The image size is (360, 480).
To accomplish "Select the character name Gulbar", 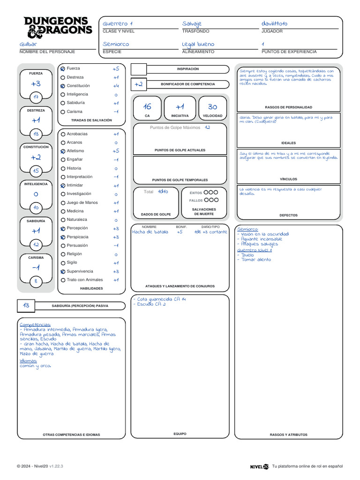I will click(x=28, y=44).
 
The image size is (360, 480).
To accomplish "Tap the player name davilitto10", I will click(x=275, y=24).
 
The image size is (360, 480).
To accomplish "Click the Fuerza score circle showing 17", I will click(x=36, y=97).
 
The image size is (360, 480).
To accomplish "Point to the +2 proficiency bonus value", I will click(x=138, y=84).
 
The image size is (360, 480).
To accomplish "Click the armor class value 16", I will click(x=147, y=107).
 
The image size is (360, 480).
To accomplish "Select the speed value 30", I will click(x=212, y=107).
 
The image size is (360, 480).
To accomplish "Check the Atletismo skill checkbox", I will click(x=63, y=151).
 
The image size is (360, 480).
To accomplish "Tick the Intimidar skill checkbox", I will click(x=63, y=186).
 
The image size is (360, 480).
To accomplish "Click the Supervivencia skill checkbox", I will click(x=63, y=271).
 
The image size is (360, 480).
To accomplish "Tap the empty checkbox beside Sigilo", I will click(x=63, y=263).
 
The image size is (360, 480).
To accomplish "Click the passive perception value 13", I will click(x=26, y=306).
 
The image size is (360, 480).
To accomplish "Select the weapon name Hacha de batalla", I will click(x=150, y=232).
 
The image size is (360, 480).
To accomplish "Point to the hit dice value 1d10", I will click(x=163, y=191).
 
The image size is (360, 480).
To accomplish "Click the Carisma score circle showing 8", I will click(x=36, y=281).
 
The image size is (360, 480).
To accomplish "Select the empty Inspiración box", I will click(x=138, y=70).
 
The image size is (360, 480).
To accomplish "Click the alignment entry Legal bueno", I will click(x=198, y=44).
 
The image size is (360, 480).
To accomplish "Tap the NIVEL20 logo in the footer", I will click(x=259, y=466).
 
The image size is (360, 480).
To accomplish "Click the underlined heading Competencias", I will click(x=35, y=324).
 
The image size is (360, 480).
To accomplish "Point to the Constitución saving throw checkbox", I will click(x=63, y=86).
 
